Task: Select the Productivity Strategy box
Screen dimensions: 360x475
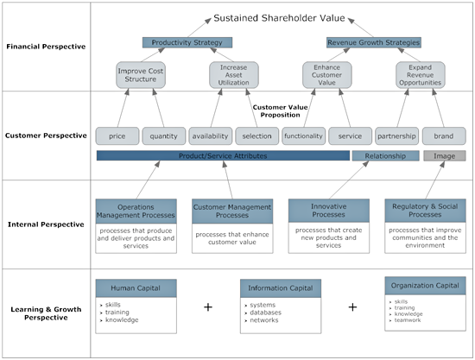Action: (x=187, y=42)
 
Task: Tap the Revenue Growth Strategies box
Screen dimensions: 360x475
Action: (x=373, y=42)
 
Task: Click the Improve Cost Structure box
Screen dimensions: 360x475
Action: (x=140, y=74)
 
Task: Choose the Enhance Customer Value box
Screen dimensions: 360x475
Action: (x=326, y=74)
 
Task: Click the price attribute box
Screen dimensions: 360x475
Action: (x=117, y=136)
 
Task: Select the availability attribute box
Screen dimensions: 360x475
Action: (x=210, y=136)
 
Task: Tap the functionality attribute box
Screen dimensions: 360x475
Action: (x=303, y=136)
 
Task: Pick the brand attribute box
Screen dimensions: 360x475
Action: (x=443, y=136)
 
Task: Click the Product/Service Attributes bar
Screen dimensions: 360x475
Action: (x=222, y=156)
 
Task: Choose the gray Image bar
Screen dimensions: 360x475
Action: (x=444, y=156)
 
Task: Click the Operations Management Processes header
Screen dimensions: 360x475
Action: (x=136, y=212)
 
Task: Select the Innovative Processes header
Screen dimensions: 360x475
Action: (x=328, y=212)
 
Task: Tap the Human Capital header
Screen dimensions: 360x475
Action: (x=136, y=287)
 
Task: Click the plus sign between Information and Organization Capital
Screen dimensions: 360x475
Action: (x=352, y=306)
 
